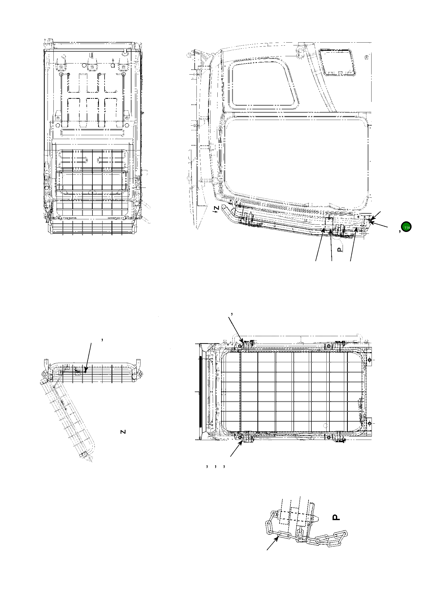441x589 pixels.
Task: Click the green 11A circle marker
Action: [x=407, y=227]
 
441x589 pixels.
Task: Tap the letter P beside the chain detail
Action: [x=336, y=517]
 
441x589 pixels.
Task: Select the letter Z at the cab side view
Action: [x=217, y=208]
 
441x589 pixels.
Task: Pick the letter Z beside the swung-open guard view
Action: [x=123, y=432]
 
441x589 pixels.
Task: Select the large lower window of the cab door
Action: [x=296, y=157]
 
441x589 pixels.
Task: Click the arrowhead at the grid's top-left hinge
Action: [x=242, y=342]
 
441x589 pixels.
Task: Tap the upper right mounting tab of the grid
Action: [x=369, y=360]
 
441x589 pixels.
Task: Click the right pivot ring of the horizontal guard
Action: [x=140, y=374]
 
